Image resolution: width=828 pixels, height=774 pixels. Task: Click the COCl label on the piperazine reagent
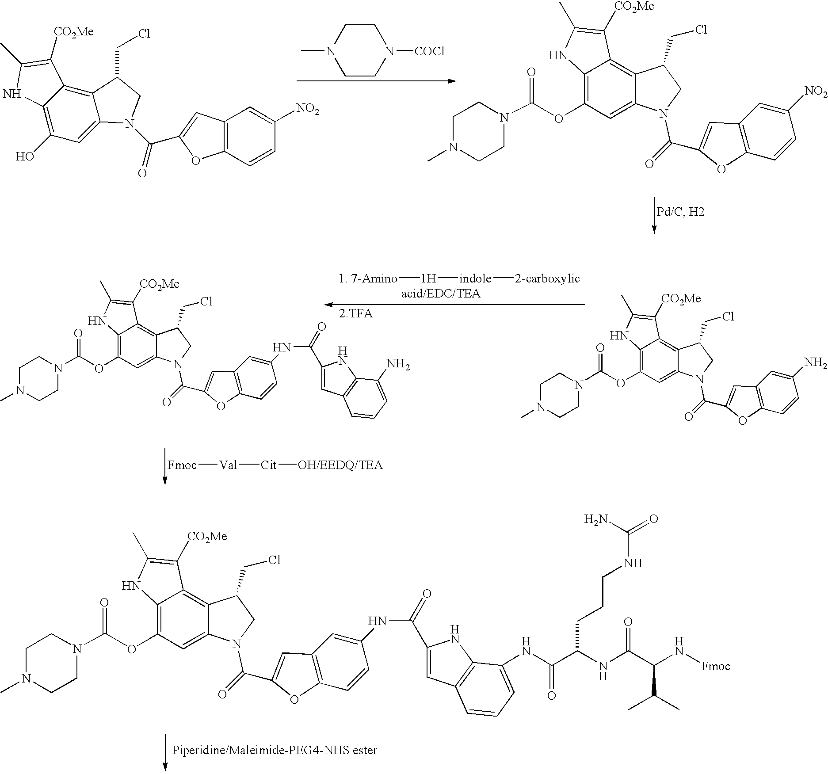[429, 52]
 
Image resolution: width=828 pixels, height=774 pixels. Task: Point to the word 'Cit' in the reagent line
[268, 465]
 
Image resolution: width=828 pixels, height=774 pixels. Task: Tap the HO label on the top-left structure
[25, 156]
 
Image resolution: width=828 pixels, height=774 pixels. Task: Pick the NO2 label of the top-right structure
[816, 91]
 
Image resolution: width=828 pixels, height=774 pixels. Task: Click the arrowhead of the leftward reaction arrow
[328, 305]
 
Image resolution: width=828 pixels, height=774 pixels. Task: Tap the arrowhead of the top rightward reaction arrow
[452, 81]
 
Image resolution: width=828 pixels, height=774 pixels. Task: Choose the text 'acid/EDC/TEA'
[441, 294]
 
